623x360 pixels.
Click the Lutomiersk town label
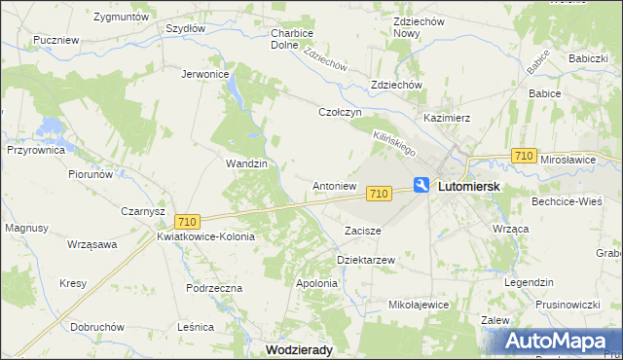pyautogui.click(x=469, y=185)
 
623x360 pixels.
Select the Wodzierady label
pyautogui.click(x=303, y=348)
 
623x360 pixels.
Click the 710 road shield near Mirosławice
pyautogui.click(x=524, y=156)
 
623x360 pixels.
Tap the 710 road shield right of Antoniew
pyautogui.click(x=380, y=195)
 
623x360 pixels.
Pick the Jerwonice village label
pyautogui.click(x=205, y=74)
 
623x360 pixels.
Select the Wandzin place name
pyautogui.click(x=246, y=163)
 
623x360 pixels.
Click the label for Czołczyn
pyautogui.click(x=341, y=112)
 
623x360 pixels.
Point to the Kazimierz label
pyautogui.click(x=447, y=118)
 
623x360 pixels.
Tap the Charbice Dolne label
pyautogui.click(x=291, y=38)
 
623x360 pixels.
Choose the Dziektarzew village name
pyautogui.click(x=365, y=261)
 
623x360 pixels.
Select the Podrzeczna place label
pyautogui.click(x=213, y=289)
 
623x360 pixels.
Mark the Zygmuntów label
pyautogui.click(x=122, y=18)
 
